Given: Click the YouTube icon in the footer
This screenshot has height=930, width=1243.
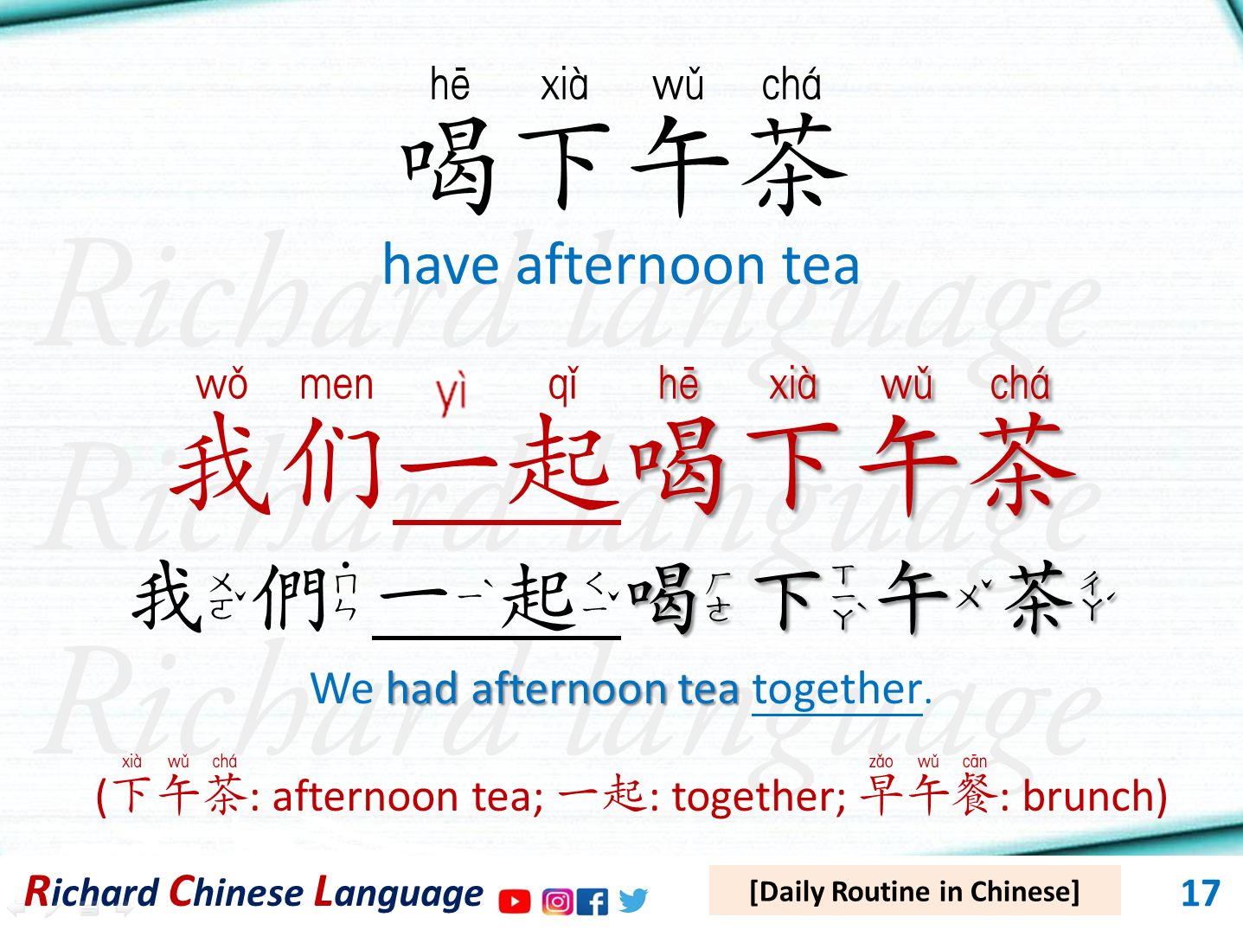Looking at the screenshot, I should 515,901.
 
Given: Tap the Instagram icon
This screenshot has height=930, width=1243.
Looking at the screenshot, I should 557,901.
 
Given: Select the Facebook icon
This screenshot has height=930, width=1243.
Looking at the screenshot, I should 592,901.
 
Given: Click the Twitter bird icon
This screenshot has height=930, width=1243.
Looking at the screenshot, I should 632,901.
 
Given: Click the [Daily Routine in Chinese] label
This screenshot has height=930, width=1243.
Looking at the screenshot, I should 914,891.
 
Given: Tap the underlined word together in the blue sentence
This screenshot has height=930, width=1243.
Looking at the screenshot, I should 836,689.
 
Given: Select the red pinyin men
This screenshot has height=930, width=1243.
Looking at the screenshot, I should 336,386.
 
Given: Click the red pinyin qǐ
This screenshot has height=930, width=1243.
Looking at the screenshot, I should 562,386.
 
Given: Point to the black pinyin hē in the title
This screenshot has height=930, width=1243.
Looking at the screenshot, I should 450,85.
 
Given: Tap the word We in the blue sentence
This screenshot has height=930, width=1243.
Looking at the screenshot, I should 342,689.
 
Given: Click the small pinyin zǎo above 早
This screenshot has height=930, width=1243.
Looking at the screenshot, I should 881,762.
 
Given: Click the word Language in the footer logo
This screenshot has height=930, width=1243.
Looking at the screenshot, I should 399,893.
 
